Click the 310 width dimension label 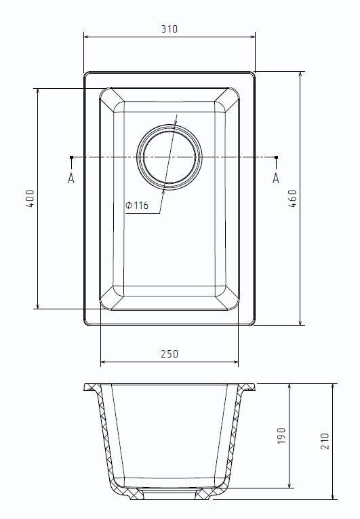[x=169, y=29]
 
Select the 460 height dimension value [x=292, y=197]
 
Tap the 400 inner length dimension [x=29, y=198]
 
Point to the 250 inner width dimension [x=169, y=353]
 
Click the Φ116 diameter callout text [x=137, y=206]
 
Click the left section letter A [x=71, y=178]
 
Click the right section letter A [x=275, y=178]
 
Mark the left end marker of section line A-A [x=71, y=158]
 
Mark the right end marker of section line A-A [x=275, y=158]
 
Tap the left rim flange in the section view [x=92, y=387]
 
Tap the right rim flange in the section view [x=247, y=387]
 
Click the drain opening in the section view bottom [x=169, y=493]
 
